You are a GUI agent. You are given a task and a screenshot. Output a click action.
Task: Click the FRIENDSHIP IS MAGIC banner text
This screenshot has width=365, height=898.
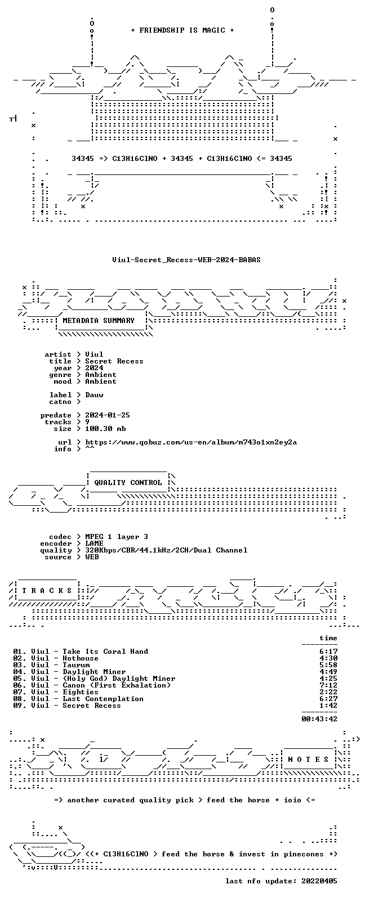[x=182, y=30]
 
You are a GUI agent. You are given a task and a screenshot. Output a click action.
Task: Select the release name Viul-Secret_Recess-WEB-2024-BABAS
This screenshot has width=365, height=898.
[x=186, y=260]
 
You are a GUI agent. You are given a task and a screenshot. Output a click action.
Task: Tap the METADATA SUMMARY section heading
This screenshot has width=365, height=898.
[x=99, y=321]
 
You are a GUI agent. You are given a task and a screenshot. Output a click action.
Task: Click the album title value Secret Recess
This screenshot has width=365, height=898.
[x=114, y=361]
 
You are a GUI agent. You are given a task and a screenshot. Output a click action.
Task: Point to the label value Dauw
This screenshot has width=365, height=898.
[x=94, y=395]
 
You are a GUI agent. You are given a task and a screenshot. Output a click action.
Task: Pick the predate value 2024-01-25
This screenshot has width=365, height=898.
[x=108, y=415]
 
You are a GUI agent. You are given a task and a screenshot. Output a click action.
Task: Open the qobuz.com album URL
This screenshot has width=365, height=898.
[x=191, y=442]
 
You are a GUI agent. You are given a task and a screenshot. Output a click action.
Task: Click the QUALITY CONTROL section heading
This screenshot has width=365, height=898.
[x=128, y=483]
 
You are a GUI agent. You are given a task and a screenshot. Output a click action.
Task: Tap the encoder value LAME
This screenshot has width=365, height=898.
[x=94, y=544]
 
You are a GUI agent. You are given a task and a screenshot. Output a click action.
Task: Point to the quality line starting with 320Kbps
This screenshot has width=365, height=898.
[x=166, y=550]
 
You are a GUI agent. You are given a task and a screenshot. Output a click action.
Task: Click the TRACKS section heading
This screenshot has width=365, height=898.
[x=47, y=591]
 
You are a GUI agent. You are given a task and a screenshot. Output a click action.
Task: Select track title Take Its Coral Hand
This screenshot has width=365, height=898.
[x=105, y=652]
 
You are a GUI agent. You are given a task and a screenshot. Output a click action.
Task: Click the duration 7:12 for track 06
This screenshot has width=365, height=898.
[x=328, y=685]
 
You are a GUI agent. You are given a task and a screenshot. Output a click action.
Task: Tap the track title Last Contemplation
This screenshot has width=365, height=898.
[x=103, y=699]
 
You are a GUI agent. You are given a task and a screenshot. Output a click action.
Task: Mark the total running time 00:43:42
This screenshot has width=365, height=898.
[x=319, y=719]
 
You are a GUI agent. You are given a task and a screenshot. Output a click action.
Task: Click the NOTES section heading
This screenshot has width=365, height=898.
[x=308, y=760]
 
